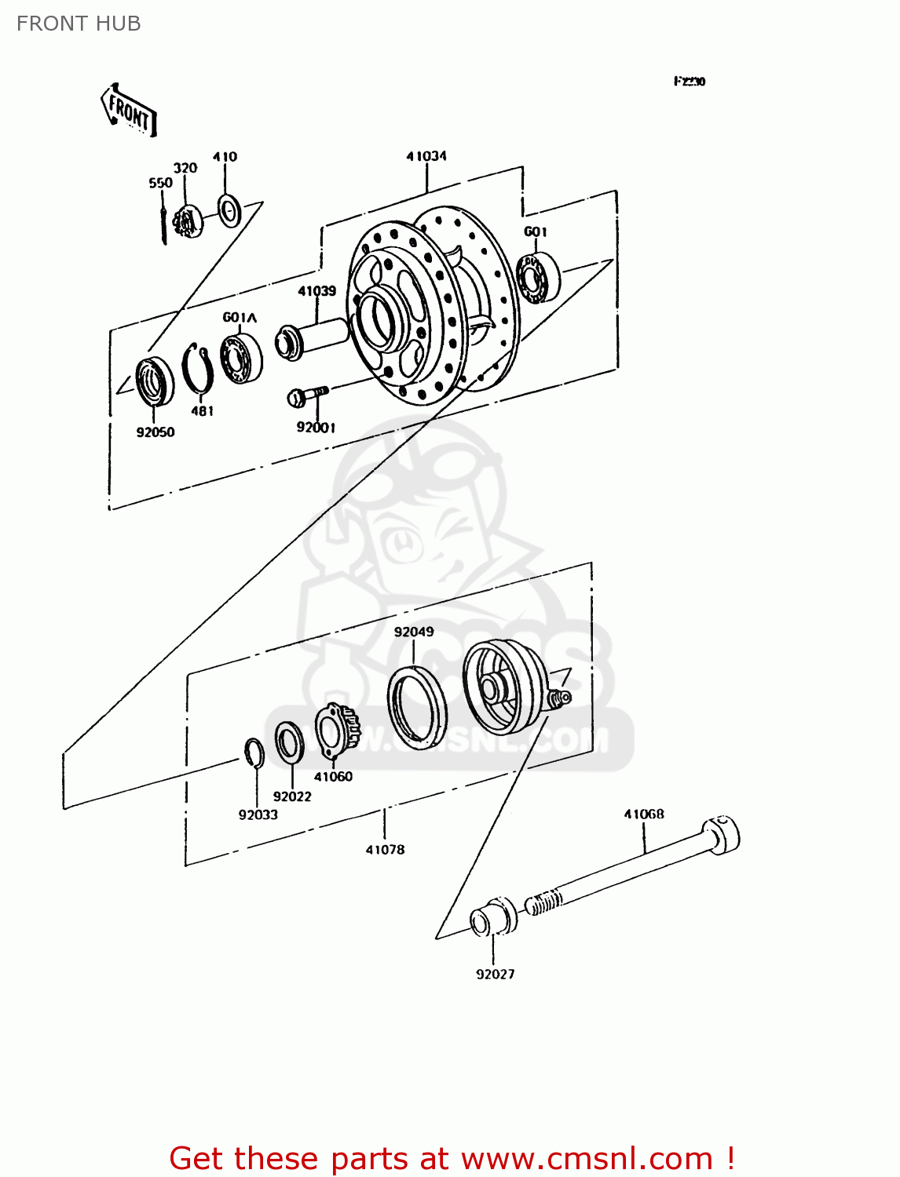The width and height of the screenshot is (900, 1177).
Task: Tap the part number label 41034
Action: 426,156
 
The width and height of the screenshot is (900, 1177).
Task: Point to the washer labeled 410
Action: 229,210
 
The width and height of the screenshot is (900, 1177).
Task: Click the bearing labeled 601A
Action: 240,359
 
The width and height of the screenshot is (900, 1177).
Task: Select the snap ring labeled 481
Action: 198,369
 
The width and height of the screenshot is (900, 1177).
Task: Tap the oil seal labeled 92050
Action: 155,381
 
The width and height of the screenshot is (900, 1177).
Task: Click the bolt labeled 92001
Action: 306,395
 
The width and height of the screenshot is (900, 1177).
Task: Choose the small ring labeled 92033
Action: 254,753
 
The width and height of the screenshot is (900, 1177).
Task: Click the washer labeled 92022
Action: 290,742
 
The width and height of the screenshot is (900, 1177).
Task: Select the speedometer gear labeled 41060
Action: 336,730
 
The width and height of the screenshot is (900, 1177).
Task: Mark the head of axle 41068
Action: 721,834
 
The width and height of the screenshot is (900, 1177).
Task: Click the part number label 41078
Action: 385,849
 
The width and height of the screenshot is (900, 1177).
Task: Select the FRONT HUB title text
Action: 79,24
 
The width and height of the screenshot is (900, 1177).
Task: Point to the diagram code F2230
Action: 690,82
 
